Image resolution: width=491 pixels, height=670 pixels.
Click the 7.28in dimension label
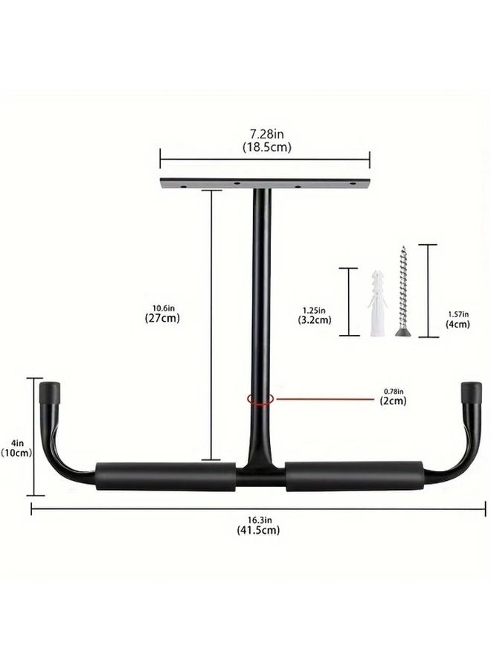267,134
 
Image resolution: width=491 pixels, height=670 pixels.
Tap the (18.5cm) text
267,147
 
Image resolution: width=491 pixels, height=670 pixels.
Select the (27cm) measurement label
162,318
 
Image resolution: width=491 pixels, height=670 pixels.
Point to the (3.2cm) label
314,319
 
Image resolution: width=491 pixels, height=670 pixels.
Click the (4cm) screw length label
458,324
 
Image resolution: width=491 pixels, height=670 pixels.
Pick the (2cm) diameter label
393,401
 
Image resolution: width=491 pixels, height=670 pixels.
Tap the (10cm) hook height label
16,453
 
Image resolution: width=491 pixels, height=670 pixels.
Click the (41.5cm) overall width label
258,530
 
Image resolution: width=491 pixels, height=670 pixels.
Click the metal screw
402,292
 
